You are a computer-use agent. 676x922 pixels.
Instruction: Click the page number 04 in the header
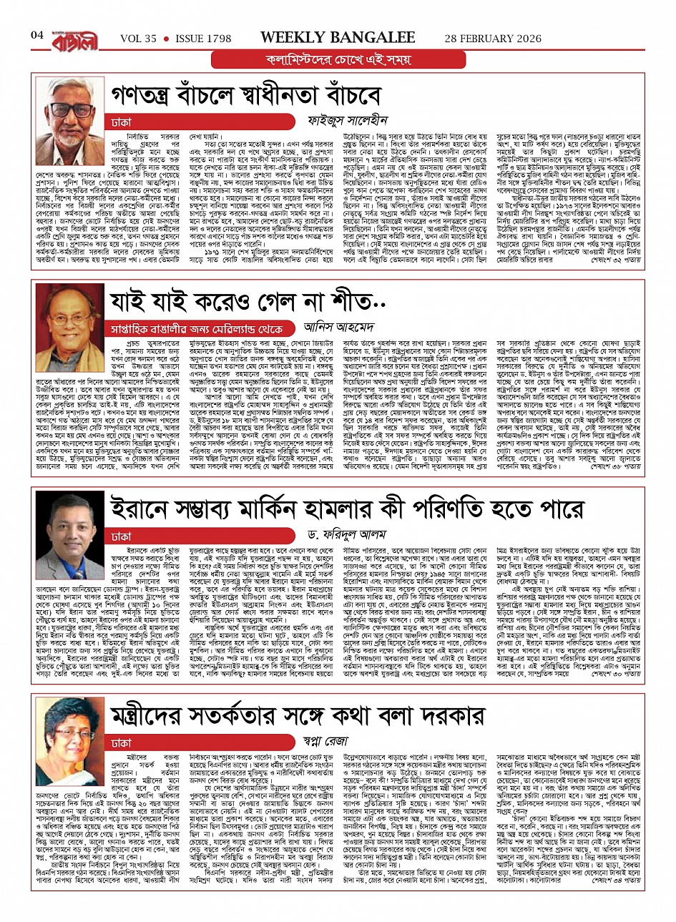pos(37,35)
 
